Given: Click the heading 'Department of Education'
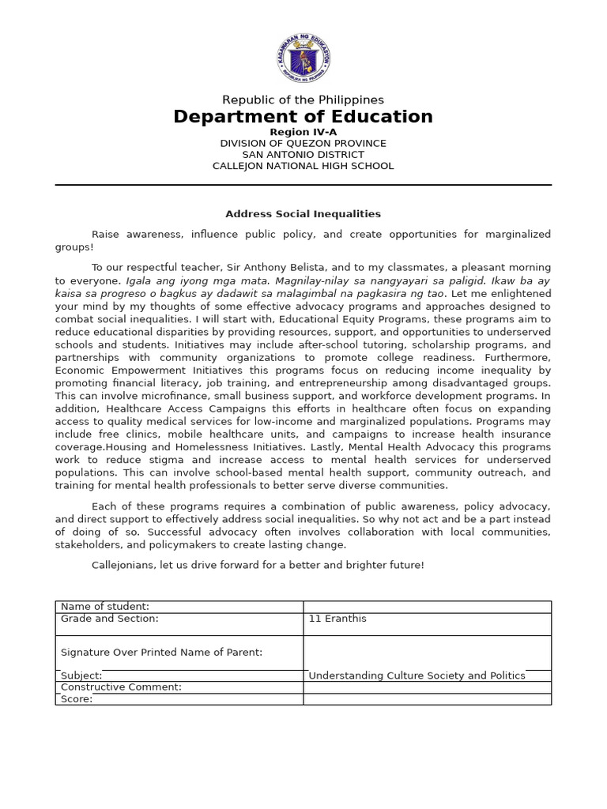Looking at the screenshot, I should coord(303,117).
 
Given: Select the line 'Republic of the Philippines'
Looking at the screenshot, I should coord(303,100).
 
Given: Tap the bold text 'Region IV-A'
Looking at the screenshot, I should coord(303,132).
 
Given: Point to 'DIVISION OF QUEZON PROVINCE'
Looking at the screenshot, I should coord(303,143).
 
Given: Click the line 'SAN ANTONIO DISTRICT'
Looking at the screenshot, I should coord(303,155).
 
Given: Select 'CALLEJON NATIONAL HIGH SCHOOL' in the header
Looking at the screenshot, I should coord(303,166).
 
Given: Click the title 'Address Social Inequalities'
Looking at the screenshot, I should coord(303,214).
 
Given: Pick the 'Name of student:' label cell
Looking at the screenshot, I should coord(105,606).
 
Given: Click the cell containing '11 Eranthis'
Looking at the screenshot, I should coord(337,619).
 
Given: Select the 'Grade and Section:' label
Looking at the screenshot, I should coord(110,619).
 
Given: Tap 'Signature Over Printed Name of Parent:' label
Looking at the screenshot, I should coord(161,652).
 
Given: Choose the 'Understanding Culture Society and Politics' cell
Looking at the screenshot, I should coord(417,675).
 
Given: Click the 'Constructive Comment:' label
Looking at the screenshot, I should coord(121,687).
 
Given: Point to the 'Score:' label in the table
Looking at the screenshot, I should coord(77,699).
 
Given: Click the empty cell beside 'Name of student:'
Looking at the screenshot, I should coord(427,606).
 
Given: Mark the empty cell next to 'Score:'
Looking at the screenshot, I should coord(427,699).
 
